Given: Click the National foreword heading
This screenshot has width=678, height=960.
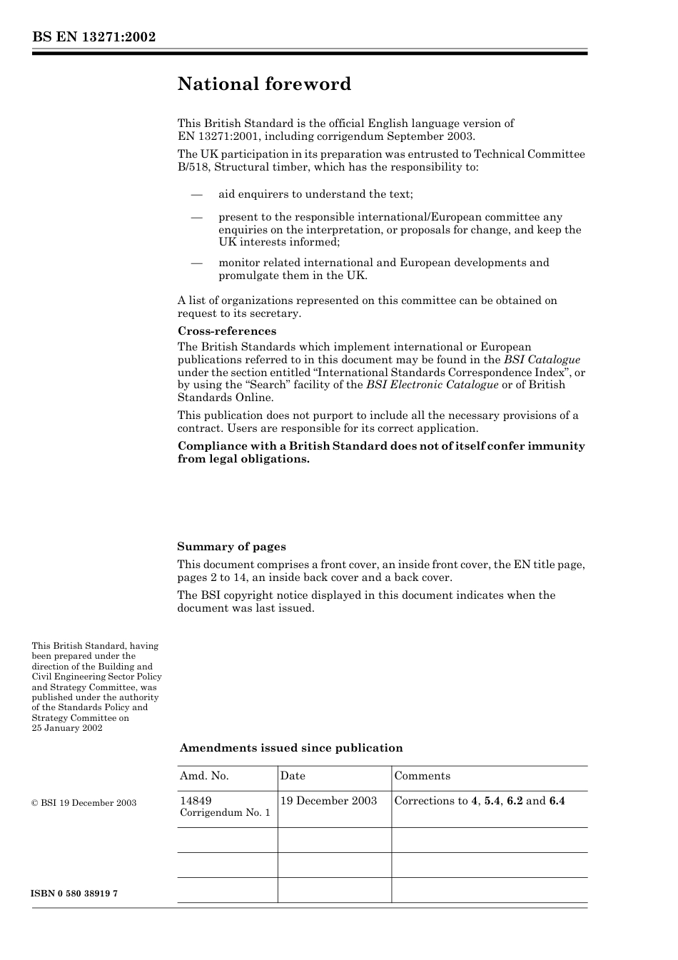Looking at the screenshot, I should coord(264,84).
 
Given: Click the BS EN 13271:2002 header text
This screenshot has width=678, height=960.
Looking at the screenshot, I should coord(93,37).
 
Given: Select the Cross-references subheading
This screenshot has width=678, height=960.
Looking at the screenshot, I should coord(226,331).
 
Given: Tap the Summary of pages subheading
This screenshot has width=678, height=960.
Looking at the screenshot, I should coord(231,547).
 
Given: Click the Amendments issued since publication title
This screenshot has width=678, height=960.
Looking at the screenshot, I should coord(290,748).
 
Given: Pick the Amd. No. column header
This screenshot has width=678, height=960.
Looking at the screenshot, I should coord(204,776).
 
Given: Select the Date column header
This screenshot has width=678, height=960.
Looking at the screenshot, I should coord(293,776).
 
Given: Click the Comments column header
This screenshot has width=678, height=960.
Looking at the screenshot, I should coord(422,776).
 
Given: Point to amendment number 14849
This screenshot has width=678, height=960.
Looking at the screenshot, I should coord(196,801).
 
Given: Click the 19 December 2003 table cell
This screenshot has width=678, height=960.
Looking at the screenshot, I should coord(328,801).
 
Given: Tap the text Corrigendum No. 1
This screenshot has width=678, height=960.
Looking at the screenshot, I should coord(225,813).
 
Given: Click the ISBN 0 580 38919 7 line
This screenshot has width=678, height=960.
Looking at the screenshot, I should coord(75,894).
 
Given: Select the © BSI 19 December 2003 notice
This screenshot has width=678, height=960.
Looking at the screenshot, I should coord(84,803).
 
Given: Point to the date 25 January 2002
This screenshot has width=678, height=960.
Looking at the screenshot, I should coord(67,728).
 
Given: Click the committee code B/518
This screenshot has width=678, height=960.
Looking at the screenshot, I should coord(193,167).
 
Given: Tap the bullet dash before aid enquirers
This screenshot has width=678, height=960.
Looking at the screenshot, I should coord(196,194).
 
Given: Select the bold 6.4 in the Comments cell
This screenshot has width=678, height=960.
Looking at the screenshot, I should coord(557,801).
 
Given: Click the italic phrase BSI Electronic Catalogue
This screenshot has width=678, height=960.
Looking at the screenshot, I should coord(432,385).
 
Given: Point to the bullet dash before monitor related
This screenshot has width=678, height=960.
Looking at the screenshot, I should coord(196,263).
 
